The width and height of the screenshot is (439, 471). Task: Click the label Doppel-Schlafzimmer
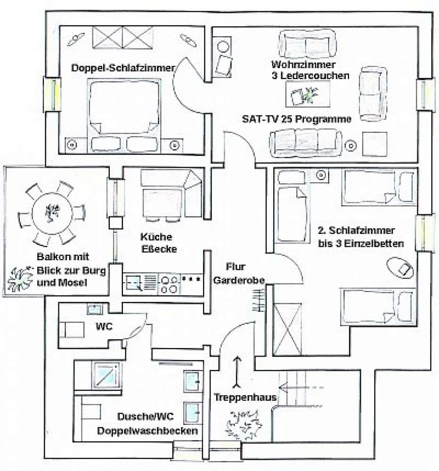point(123,67)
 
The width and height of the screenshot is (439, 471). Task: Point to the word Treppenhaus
point(245,397)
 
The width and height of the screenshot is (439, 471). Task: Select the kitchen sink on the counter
point(135,284)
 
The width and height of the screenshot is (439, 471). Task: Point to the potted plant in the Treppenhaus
point(242,422)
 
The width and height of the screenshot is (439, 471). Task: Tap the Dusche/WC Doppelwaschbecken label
point(147,423)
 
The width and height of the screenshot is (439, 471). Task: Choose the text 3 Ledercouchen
point(310,75)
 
